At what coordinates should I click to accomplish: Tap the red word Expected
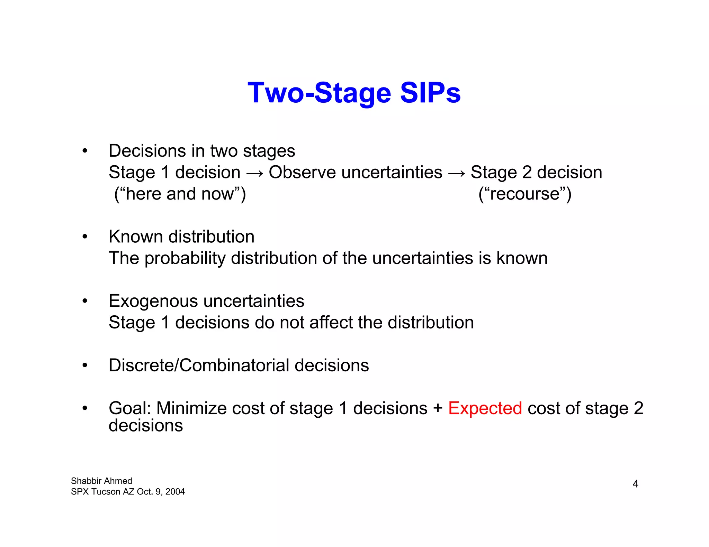[x=485, y=408]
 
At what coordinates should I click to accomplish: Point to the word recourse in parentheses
[x=525, y=194]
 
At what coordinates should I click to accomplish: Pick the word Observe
[x=302, y=172]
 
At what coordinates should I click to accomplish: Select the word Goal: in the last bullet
[x=130, y=408]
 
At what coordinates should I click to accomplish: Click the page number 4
[x=635, y=484]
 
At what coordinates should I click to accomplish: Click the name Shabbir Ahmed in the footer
[x=101, y=481]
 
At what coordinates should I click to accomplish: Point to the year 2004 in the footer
[x=175, y=492]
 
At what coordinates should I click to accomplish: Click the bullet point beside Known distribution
[x=85, y=237]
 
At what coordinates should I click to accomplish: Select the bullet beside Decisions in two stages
[x=85, y=151]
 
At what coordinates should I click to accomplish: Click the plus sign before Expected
[x=438, y=408]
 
